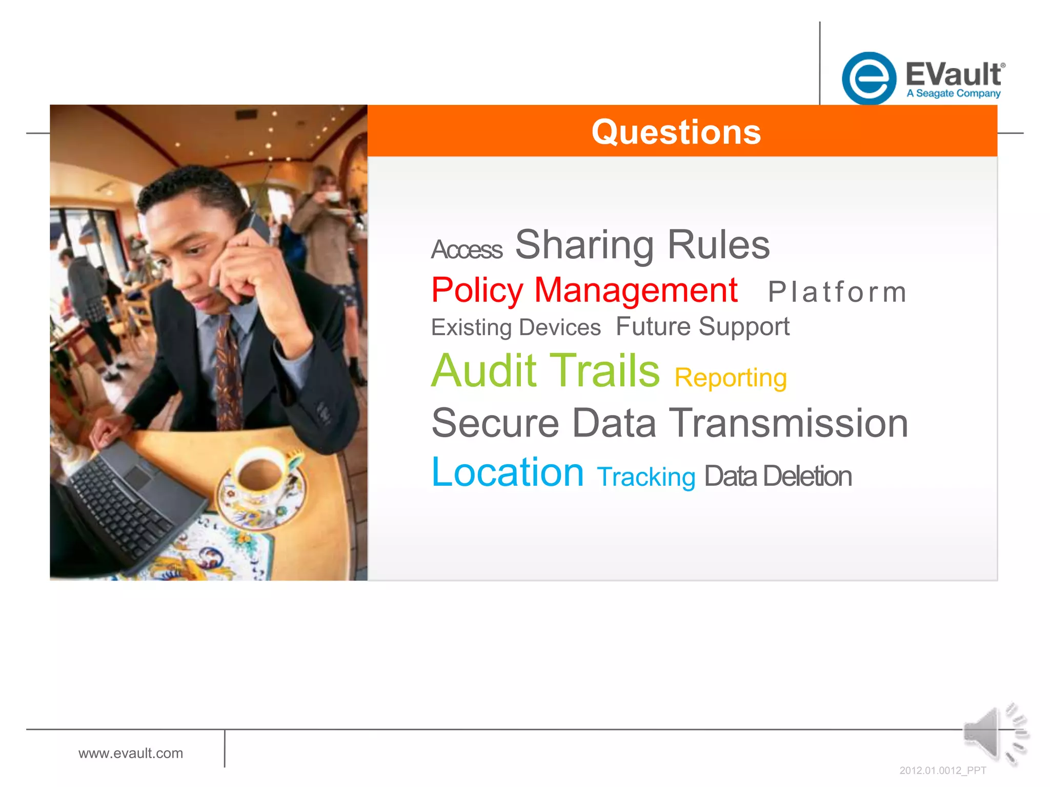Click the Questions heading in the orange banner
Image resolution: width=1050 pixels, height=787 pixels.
coord(676,132)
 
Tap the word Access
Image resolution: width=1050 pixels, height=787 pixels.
coord(467,250)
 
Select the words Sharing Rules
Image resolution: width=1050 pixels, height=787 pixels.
coord(642,245)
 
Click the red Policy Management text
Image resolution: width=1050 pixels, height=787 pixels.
coord(584,291)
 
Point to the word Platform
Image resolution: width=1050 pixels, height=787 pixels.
coord(837,293)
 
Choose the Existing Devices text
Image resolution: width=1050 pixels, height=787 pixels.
coord(515,327)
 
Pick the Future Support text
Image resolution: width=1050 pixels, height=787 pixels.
coord(702,327)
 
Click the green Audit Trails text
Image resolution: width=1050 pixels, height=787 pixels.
coord(546,370)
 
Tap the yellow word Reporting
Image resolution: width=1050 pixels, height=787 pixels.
coord(730,378)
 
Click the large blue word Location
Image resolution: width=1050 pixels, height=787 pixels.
coord(508,472)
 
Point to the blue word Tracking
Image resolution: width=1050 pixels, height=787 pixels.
coord(646,477)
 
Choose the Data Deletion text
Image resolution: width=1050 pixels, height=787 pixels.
coord(778,477)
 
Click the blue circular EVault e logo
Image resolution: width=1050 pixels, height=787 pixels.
coord(869,78)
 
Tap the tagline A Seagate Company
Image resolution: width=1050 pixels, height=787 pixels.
coord(953,93)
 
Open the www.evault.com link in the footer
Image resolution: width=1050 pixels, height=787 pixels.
coord(131,753)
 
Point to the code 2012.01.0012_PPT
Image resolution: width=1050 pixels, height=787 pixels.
coord(942,771)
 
